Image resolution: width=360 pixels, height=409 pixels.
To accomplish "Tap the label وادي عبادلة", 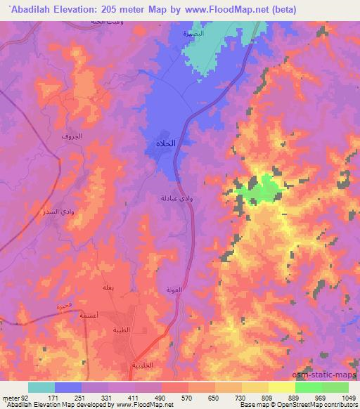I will click(x=173, y=198).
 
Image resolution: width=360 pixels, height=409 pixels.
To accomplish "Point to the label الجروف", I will click(x=72, y=136).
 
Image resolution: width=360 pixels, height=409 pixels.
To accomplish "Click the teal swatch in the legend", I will click(x=41, y=387).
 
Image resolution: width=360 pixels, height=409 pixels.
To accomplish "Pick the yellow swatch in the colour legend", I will click(x=282, y=387).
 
